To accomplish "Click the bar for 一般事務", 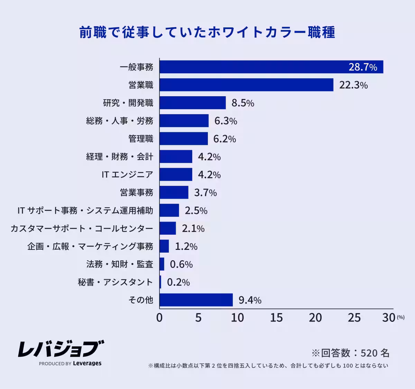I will click(271, 67).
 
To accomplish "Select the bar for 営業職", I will click(246, 85).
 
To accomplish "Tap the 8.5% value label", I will click(243, 103).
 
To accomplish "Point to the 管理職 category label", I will click(141, 139).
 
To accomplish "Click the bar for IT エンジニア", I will click(176, 174).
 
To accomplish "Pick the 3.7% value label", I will click(205, 193).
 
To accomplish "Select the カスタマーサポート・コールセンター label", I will click(82, 228).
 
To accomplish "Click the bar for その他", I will click(196, 300).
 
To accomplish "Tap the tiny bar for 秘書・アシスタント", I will click(160, 282).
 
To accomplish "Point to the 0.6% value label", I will click(181, 264).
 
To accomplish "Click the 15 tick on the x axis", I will click(276, 318).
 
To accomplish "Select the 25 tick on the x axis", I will click(354, 318).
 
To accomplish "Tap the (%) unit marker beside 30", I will click(400, 317).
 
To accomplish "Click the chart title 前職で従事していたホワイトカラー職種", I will click(207, 32).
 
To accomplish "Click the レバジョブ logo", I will click(61, 349).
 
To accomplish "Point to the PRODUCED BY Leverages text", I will click(70, 363).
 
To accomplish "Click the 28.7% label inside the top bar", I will click(362, 67).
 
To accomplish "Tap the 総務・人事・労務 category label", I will click(120, 121).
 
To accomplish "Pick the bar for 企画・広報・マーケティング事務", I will click(164, 246).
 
